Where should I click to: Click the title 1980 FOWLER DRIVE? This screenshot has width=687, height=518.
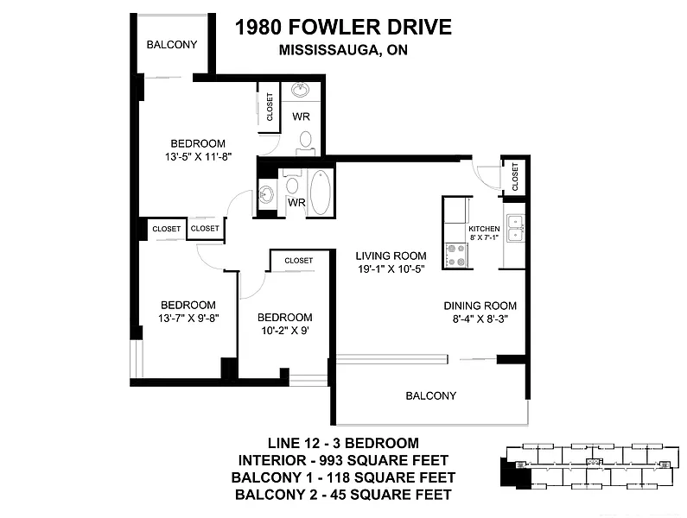point(343,27)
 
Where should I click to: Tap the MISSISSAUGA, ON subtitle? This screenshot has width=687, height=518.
point(343,50)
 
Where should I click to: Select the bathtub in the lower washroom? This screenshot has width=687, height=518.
point(321,193)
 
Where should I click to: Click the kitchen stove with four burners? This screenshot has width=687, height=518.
point(456,256)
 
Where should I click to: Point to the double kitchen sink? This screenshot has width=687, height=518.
point(515,228)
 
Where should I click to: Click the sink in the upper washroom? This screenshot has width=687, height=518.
point(300,90)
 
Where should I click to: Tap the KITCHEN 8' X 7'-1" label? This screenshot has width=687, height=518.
point(484,233)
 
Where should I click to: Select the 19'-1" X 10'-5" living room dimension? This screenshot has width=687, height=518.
point(391,268)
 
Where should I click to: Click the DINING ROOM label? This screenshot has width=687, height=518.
point(480,306)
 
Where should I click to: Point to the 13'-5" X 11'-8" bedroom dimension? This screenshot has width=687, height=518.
point(198,156)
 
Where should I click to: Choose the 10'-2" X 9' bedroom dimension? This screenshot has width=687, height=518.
point(285,330)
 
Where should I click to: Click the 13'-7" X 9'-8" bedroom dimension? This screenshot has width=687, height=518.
point(188,318)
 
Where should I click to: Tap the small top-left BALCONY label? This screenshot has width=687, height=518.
point(172,44)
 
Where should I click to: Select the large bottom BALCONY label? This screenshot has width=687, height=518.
point(431,395)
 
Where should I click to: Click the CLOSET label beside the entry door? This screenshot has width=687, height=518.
point(515,176)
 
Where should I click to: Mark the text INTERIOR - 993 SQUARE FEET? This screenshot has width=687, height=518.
point(343,460)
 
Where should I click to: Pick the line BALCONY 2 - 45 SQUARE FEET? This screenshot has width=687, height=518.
point(343,495)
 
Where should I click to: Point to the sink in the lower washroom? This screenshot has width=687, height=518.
point(266,193)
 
